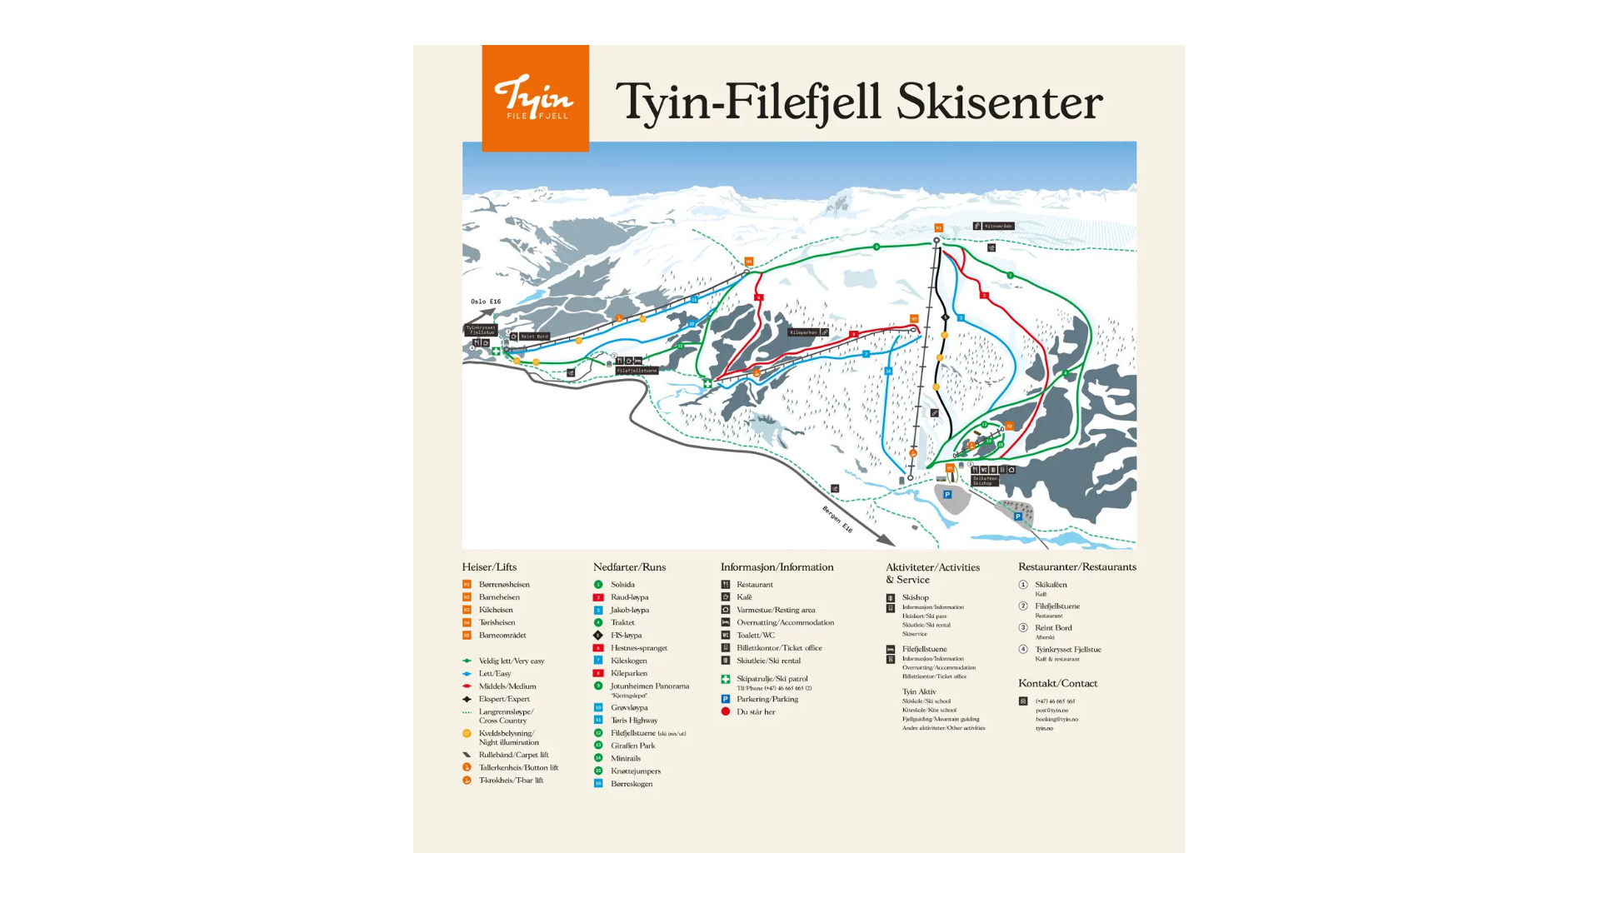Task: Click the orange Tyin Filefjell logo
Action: point(535,98)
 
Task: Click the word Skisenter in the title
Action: point(999,102)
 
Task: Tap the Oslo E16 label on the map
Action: point(486,302)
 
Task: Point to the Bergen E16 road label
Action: point(837,519)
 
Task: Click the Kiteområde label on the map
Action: point(997,226)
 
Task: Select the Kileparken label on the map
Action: point(804,332)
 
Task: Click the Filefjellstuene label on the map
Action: point(637,371)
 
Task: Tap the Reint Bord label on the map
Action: point(534,337)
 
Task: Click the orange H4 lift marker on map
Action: point(749,262)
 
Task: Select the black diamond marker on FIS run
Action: point(945,317)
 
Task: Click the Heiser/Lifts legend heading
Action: point(489,567)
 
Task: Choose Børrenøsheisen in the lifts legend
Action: point(504,585)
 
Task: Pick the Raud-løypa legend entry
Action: point(629,597)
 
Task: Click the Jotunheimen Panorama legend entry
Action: point(649,686)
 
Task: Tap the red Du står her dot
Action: point(726,711)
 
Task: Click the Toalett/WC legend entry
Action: point(755,635)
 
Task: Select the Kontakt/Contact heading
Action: point(1057,683)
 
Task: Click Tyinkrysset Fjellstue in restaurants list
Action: point(1067,650)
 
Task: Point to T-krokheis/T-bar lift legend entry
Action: point(511,781)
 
